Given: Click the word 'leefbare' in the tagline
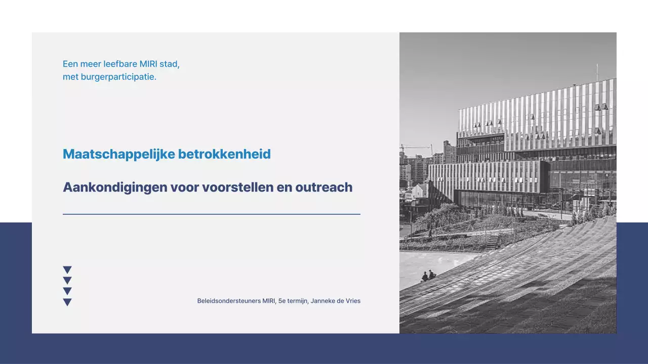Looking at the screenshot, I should click(120, 64).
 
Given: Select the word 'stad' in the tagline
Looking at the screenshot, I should click(170, 64).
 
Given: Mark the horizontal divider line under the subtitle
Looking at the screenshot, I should click(212, 214).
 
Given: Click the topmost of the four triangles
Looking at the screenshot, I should click(67, 269).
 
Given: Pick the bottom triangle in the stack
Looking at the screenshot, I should click(67, 302).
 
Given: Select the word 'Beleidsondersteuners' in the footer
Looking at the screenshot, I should click(229, 301).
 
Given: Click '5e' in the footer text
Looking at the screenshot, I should click(282, 301).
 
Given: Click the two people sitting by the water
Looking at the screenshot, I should click(428, 276).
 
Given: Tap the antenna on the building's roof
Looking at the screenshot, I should click(597, 72).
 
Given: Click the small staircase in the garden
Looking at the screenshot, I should click(492, 241).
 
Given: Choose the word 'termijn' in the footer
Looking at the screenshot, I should click(298, 301).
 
